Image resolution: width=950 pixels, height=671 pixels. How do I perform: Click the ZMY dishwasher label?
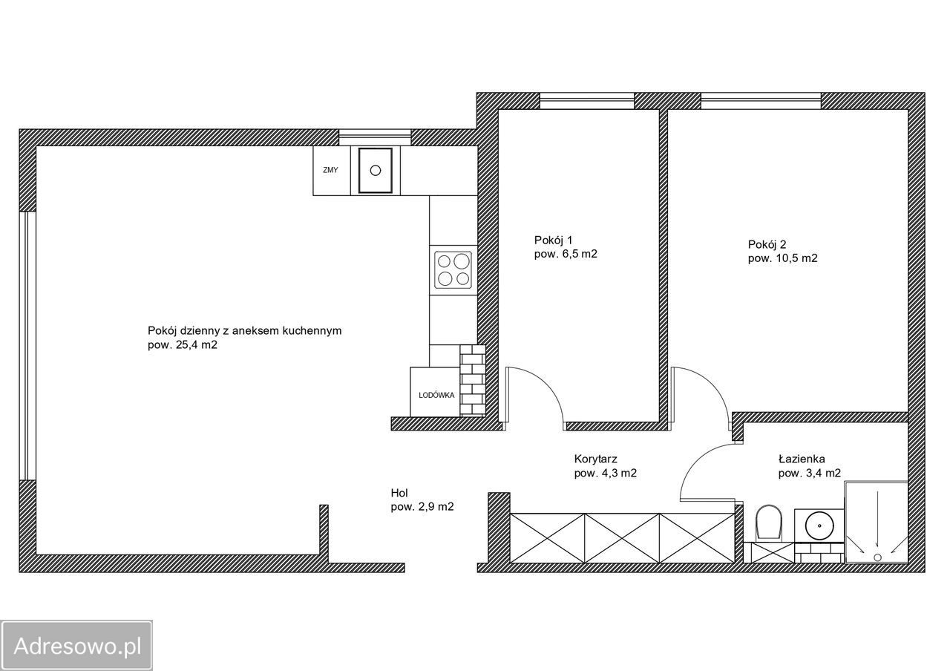point(330,170)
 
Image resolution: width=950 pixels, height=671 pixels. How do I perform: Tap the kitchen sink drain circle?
point(376,171)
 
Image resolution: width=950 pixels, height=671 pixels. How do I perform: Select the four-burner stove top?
point(453,269)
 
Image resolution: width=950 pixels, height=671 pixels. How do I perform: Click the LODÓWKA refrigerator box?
point(436,393)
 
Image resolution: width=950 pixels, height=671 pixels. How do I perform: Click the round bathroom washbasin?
point(819,526)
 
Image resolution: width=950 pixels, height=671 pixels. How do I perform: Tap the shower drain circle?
point(877,557)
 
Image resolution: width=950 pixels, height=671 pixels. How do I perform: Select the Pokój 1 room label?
point(553,240)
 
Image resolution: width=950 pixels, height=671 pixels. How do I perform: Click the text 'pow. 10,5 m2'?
point(782,258)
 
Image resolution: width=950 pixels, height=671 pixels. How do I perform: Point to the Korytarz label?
point(595,459)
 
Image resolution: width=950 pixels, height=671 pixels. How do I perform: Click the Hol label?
point(399,493)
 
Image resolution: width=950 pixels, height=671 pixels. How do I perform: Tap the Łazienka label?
point(802,459)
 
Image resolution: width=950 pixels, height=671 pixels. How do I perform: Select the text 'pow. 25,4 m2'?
point(183,345)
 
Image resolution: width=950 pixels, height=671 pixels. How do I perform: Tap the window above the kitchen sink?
point(375,137)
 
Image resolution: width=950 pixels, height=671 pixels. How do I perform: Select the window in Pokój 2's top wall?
point(761,101)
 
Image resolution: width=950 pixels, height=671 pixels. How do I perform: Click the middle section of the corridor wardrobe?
point(622,538)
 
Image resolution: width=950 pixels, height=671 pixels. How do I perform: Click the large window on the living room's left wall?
point(27,345)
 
